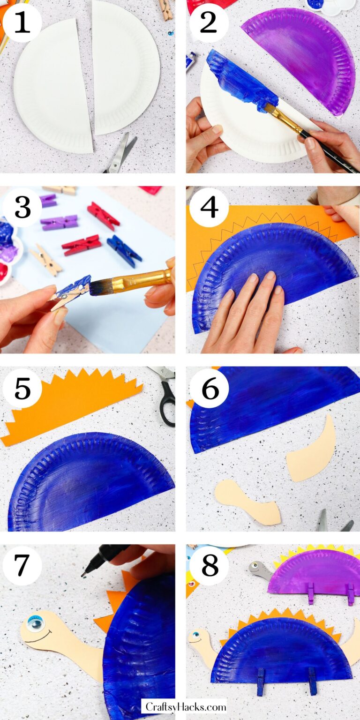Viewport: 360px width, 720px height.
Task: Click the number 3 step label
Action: pyautogui.click(x=22, y=207)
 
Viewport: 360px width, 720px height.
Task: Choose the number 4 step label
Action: pyautogui.click(x=209, y=207)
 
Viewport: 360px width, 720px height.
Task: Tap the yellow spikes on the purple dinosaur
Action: pyautogui.click(x=319, y=549)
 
